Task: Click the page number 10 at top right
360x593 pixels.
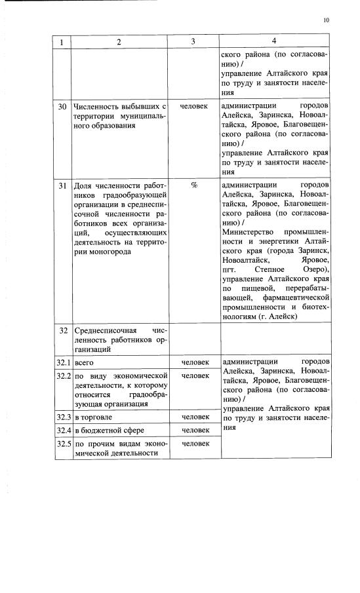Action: pyautogui.click(x=327, y=20)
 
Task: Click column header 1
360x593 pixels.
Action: pyautogui.click(x=62, y=42)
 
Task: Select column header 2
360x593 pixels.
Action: pyautogui.click(x=119, y=42)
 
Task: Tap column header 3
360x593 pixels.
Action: pyautogui.click(x=193, y=42)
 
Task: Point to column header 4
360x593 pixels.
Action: pyautogui.click(x=274, y=42)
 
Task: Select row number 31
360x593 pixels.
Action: pyautogui.click(x=62, y=185)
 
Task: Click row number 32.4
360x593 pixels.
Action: pyautogui.click(x=63, y=430)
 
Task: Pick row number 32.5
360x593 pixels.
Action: pyautogui.click(x=63, y=444)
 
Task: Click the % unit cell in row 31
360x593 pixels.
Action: pyautogui.click(x=194, y=185)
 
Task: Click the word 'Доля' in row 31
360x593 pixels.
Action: pyautogui.click(x=83, y=185)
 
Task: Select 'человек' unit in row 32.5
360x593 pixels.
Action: pyautogui.click(x=194, y=444)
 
